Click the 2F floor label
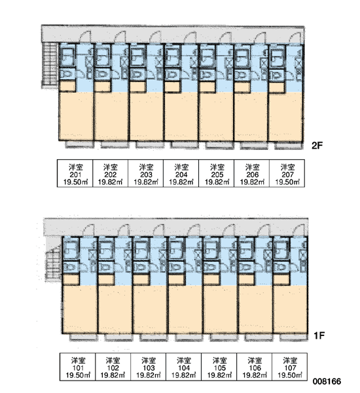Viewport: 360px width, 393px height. point(317,145)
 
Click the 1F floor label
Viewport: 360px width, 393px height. point(319,335)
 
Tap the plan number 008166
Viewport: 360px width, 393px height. point(327,381)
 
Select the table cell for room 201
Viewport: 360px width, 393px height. point(75,174)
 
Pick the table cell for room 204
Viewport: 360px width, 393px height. point(181,174)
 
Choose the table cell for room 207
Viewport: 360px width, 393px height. point(287,174)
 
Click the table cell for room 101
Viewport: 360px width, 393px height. point(78,367)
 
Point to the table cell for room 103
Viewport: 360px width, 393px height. point(149,367)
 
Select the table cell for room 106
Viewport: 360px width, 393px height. point(254,367)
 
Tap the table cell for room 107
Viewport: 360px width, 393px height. point(289,367)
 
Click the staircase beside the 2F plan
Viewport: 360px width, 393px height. point(50,65)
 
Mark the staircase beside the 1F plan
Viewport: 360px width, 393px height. point(54,263)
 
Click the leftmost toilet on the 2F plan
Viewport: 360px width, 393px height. point(67,75)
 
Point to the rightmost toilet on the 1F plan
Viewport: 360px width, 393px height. point(281,267)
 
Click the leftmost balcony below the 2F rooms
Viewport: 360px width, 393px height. point(79,144)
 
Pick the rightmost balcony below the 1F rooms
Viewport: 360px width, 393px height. point(294,337)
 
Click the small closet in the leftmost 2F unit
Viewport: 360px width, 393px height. point(67,86)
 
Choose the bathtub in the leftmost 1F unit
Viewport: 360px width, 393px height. point(69,248)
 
